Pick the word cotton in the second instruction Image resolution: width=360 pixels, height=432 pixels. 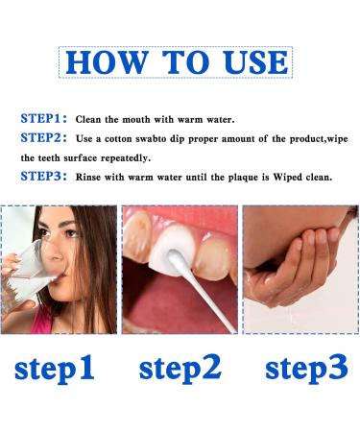click(x=118, y=139)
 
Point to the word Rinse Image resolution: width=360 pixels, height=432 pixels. click(x=88, y=178)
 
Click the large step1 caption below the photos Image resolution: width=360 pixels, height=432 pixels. click(x=55, y=368)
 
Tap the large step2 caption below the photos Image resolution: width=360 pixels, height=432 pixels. click(x=180, y=368)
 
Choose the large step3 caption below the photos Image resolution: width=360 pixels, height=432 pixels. click(x=306, y=368)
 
